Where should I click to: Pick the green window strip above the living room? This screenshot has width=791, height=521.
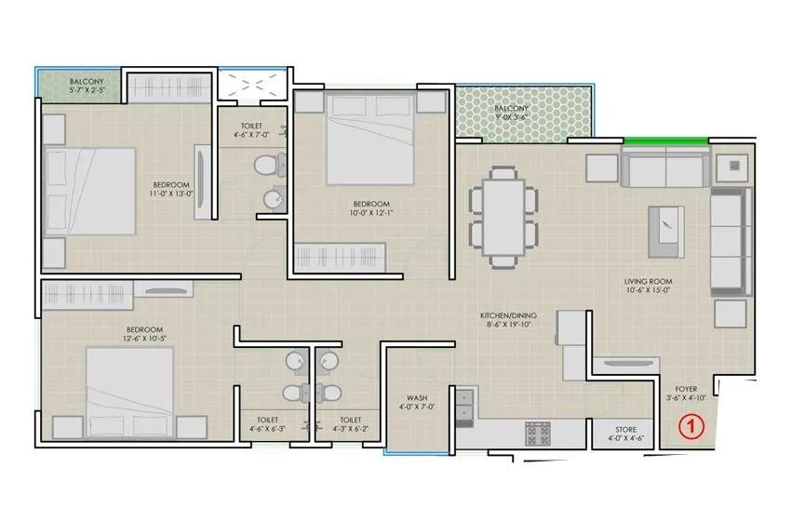pos(664,140)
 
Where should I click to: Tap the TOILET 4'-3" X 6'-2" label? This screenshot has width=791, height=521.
pos(350,425)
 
